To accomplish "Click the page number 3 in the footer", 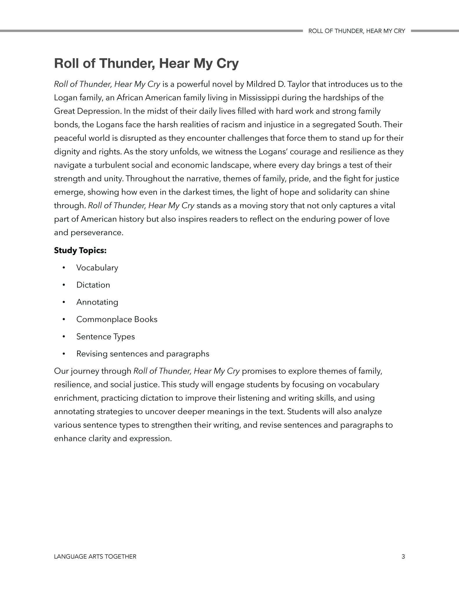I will [403, 556].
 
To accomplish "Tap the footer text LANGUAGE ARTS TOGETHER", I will [95, 556].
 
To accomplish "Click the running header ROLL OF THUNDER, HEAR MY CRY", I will [356, 31].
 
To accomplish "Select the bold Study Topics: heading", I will [80, 250].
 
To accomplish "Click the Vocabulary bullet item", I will [97, 268].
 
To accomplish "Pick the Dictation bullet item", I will [93, 285].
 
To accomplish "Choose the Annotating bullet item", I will [97, 302].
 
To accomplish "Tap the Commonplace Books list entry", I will [117, 319].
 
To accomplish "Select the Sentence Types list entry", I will [106, 336].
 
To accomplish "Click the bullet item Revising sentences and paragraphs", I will [143, 354].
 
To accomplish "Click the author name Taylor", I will [290, 84].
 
